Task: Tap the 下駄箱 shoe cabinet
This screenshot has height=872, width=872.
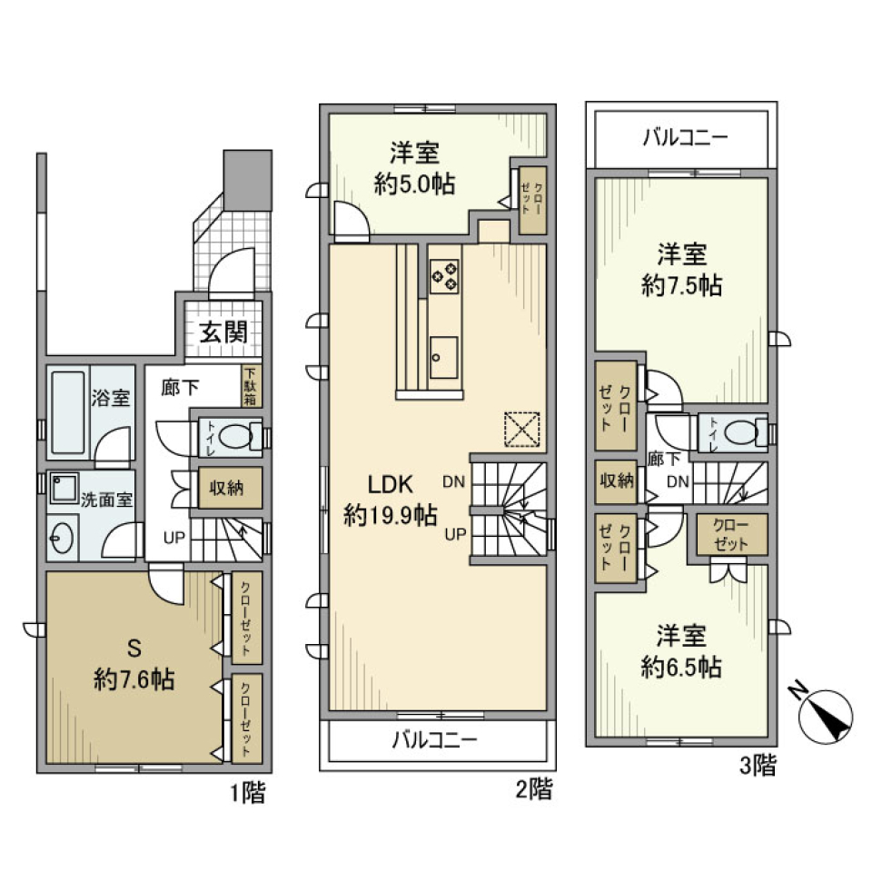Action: pyautogui.click(x=251, y=385)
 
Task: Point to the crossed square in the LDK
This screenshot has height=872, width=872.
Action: pyautogui.click(x=521, y=430)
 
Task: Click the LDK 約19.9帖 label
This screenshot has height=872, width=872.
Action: pyautogui.click(x=390, y=500)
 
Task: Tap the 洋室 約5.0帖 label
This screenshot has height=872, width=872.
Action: pyautogui.click(x=415, y=168)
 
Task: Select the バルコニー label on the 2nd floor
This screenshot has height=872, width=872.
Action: pyautogui.click(x=434, y=740)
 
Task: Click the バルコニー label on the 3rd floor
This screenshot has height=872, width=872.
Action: pyautogui.click(x=685, y=138)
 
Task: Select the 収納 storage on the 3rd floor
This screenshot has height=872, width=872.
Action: pyautogui.click(x=615, y=481)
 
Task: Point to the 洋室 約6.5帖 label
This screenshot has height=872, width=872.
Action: pyautogui.click(x=680, y=651)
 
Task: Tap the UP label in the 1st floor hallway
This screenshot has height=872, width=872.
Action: pyautogui.click(x=173, y=537)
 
